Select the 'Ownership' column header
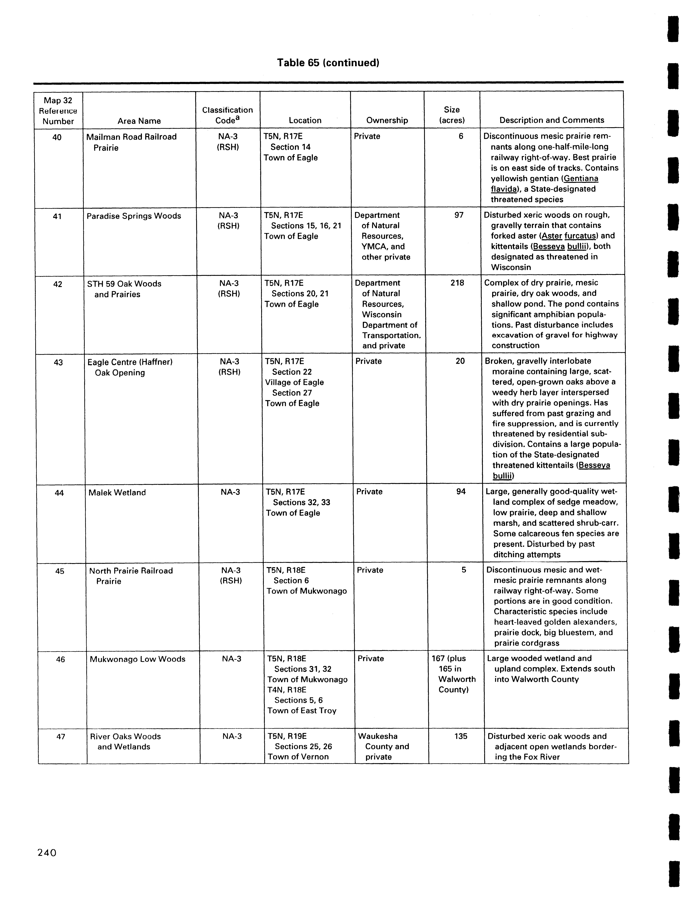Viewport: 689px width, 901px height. click(387, 120)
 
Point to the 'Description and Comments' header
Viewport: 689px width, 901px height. click(552, 120)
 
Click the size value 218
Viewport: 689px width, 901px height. click(457, 283)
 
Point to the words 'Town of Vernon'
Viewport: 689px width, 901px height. click(298, 757)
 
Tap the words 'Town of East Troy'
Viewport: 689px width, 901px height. click(302, 711)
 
